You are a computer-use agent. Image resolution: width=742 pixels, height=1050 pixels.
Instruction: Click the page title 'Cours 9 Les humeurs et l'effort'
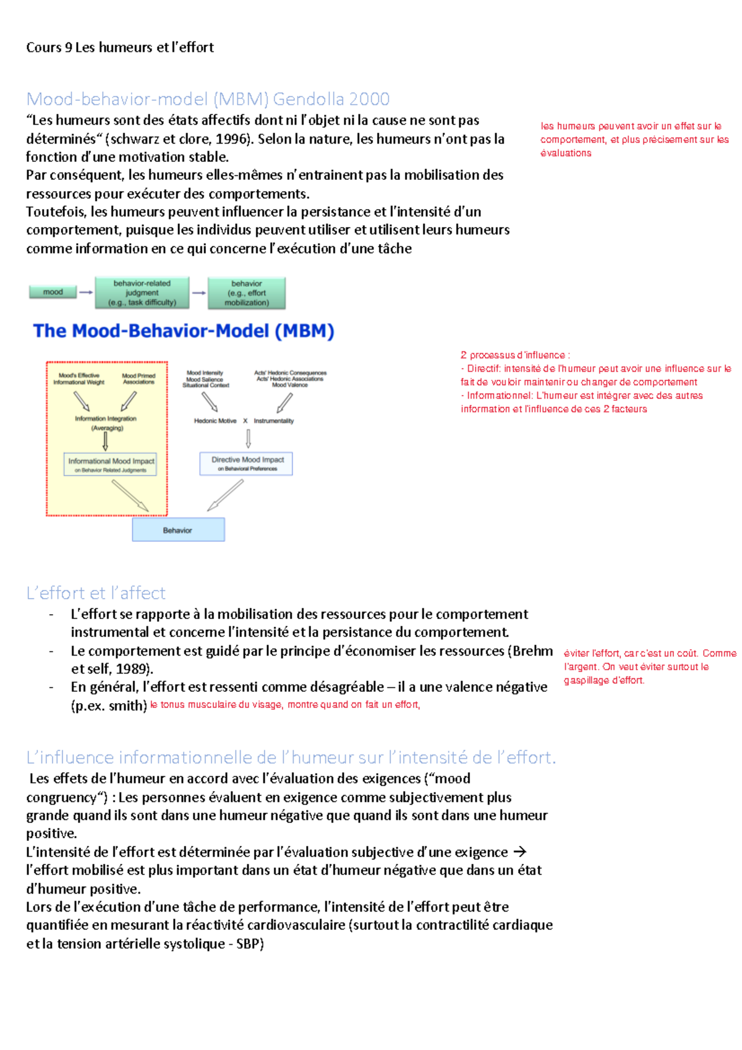click(x=120, y=48)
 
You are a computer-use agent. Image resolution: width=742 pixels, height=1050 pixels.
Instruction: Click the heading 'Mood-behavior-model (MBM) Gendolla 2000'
click(x=208, y=99)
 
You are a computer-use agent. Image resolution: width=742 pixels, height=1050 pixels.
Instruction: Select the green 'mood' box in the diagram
click(x=53, y=292)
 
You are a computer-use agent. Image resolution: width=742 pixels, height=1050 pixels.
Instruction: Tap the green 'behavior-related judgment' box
click(x=142, y=292)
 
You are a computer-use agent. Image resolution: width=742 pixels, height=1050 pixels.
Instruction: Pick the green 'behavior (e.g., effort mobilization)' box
click(x=247, y=293)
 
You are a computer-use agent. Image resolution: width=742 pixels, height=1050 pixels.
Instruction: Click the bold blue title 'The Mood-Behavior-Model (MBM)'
click(x=184, y=331)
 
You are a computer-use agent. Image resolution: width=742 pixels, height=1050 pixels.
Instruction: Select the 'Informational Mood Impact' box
click(x=111, y=464)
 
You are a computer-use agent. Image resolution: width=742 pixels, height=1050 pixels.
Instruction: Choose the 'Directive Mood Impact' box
click(x=247, y=463)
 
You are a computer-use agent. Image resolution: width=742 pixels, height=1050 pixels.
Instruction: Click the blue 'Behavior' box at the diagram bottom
click(x=178, y=530)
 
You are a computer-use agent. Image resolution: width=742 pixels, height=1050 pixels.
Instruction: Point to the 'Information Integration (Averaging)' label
click(x=106, y=423)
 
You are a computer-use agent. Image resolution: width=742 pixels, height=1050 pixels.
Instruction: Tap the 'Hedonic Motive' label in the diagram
click(x=215, y=420)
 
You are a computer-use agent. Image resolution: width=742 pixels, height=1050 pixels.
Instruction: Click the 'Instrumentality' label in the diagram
click(x=274, y=420)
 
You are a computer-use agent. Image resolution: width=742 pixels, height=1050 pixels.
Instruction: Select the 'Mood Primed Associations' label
click(x=139, y=378)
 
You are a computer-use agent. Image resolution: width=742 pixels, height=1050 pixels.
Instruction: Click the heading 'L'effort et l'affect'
click(x=96, y=593)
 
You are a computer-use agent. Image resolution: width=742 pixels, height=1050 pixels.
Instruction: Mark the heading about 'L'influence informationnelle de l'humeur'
click(x=291, y=758)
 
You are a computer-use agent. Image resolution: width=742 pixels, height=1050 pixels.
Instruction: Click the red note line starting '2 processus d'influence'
click(x=515, y=355)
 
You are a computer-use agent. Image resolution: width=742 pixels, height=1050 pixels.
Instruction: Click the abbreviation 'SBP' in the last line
click(x=249, y=944)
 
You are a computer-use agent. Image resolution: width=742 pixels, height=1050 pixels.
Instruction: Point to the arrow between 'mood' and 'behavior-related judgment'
click(x=86, y=292)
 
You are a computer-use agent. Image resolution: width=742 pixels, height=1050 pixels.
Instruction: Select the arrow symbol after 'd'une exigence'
click(x=519, y=852)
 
